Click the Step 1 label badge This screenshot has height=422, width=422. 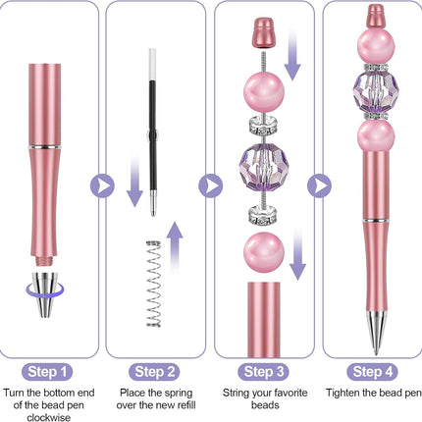47,372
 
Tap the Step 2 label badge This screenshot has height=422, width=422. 155,372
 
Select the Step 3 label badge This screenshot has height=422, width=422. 264,372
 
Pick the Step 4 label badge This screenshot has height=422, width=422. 372,372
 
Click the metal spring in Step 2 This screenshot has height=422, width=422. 153,284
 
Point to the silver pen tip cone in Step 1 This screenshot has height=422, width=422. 45,294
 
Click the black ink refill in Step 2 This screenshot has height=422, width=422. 153,132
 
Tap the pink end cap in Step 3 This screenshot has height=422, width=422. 264,32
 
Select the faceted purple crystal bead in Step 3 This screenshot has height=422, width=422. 263,168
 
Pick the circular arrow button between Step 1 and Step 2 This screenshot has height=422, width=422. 102,185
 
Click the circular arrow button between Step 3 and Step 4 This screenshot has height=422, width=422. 319,185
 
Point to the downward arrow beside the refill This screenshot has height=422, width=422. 134,181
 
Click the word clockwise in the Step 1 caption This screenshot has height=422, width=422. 48,417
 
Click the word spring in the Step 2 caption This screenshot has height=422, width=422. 177,394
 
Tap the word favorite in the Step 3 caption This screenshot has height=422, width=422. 288,393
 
